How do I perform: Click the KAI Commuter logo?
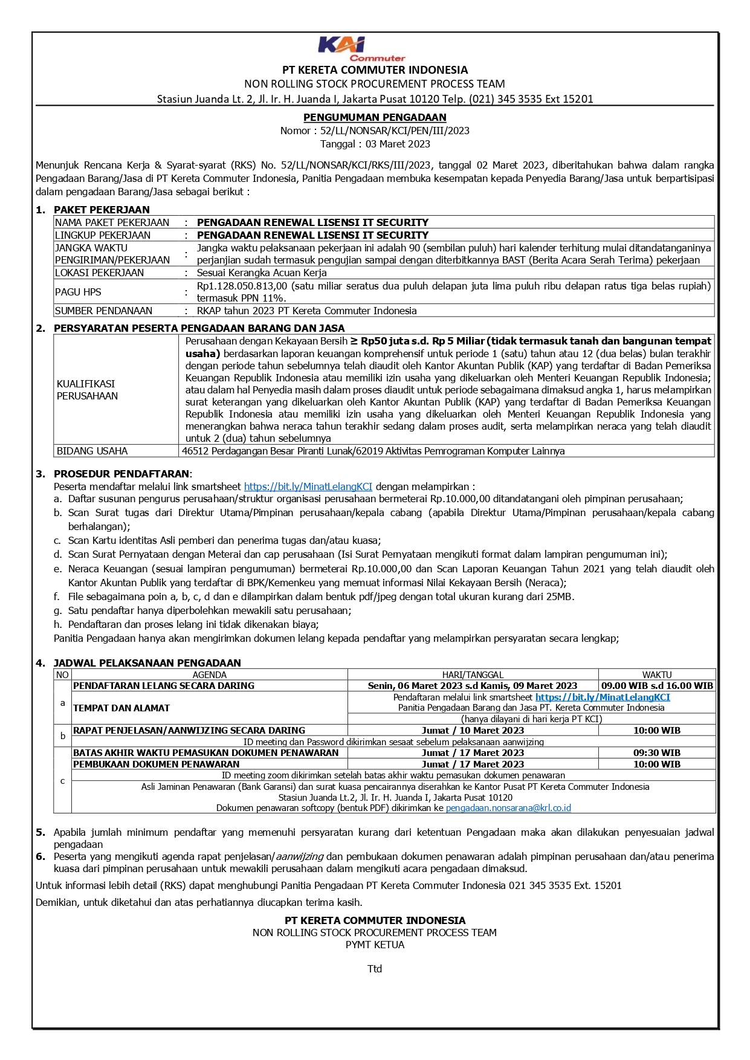[361, 49]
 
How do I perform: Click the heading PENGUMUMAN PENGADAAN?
[375, 117]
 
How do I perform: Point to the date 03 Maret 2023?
[398, 144]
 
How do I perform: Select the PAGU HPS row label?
[78, 292]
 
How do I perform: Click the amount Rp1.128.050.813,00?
[242, 286]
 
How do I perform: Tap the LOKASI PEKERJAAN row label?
[99, 273]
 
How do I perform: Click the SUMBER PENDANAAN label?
[103, 311]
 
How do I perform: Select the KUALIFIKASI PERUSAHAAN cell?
[87, 390]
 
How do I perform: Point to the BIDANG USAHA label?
[92, 451]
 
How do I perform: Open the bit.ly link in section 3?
[308, 486]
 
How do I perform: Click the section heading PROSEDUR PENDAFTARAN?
[121, 474]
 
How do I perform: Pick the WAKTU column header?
[656, 674]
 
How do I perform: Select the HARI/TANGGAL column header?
[473, 674]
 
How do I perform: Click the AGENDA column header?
[209, 674]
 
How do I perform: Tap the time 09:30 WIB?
[656, 753]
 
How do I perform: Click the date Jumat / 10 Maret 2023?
[473, 731]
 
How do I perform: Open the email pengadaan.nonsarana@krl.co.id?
[508, 808]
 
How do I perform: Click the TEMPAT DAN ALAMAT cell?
[121, 708]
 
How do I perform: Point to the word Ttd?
[375, 969]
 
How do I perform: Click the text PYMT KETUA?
[375, 945]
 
